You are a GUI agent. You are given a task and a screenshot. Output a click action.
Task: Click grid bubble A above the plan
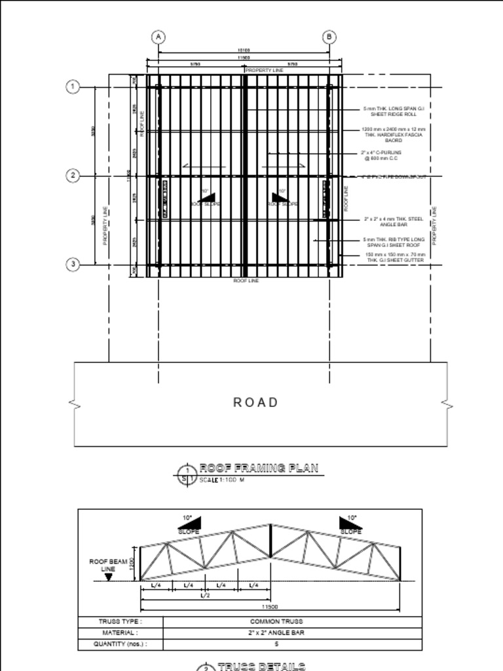[158, 37]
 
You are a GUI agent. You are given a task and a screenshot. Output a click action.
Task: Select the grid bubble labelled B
[329, 37]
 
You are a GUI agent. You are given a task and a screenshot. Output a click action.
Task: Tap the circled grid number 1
[73, 86]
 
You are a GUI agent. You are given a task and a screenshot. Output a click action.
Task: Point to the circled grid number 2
[73, 176]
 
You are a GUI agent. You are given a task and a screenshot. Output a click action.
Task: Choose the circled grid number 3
[73, 264]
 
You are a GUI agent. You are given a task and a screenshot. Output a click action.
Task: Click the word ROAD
[255, 402]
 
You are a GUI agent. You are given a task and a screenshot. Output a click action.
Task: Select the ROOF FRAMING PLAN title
[259, 468]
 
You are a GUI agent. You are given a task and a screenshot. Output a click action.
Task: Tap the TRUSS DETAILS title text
[261, 666]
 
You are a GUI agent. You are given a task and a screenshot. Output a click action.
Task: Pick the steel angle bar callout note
[394, 221]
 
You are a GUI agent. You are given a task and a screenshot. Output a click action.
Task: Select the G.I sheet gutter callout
[395, 258]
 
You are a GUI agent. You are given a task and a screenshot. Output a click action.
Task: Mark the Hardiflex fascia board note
[394, 134]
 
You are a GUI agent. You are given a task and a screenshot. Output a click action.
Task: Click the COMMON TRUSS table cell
[276, 621]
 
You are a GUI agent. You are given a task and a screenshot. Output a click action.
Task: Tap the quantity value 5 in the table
[276, 644]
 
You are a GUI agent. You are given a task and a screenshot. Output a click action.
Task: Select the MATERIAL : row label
[120, 633]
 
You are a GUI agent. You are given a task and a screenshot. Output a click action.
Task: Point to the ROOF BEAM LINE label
[108, 565]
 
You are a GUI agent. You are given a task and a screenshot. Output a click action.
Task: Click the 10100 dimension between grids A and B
[243, 50]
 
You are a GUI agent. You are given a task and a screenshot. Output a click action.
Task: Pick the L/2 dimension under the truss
[204, 595]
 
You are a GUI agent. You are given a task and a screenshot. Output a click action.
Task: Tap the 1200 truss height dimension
[131, 564]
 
